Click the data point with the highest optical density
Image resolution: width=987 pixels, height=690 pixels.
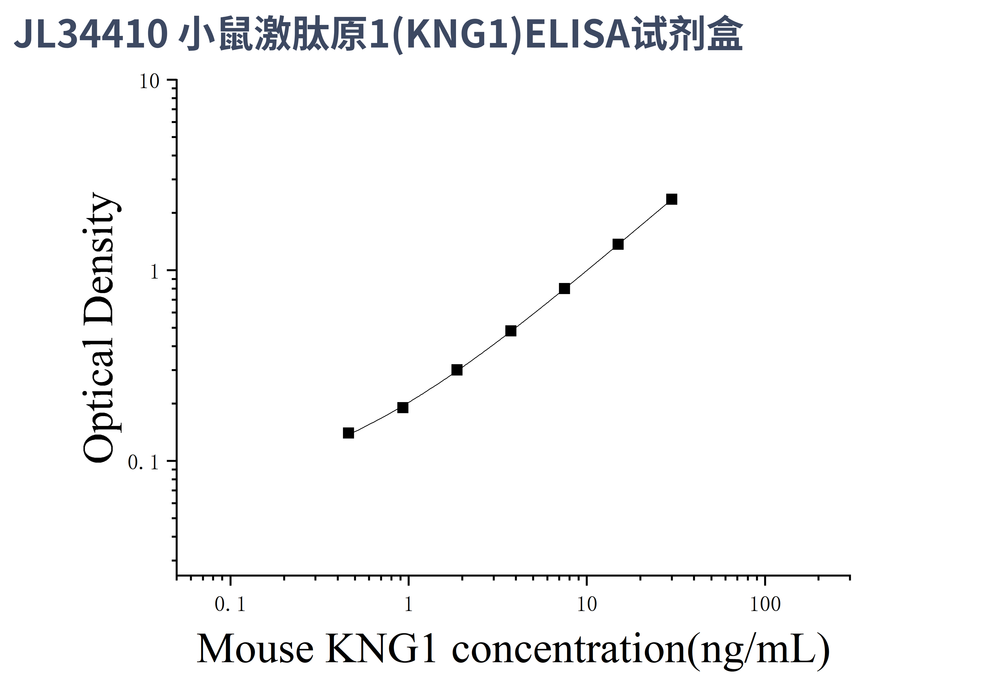pyautogui.click(x=671, y=199)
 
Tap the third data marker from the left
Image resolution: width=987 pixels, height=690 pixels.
pyautogui.click(x=457, y=370)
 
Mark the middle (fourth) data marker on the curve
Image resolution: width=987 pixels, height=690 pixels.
pyautogui.click(x=511, y=330)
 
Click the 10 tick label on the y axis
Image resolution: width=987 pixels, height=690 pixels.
pyautogui.click(x=149, y=82)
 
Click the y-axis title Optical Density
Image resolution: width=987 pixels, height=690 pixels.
pyautogui.click(x=99, y=327)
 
